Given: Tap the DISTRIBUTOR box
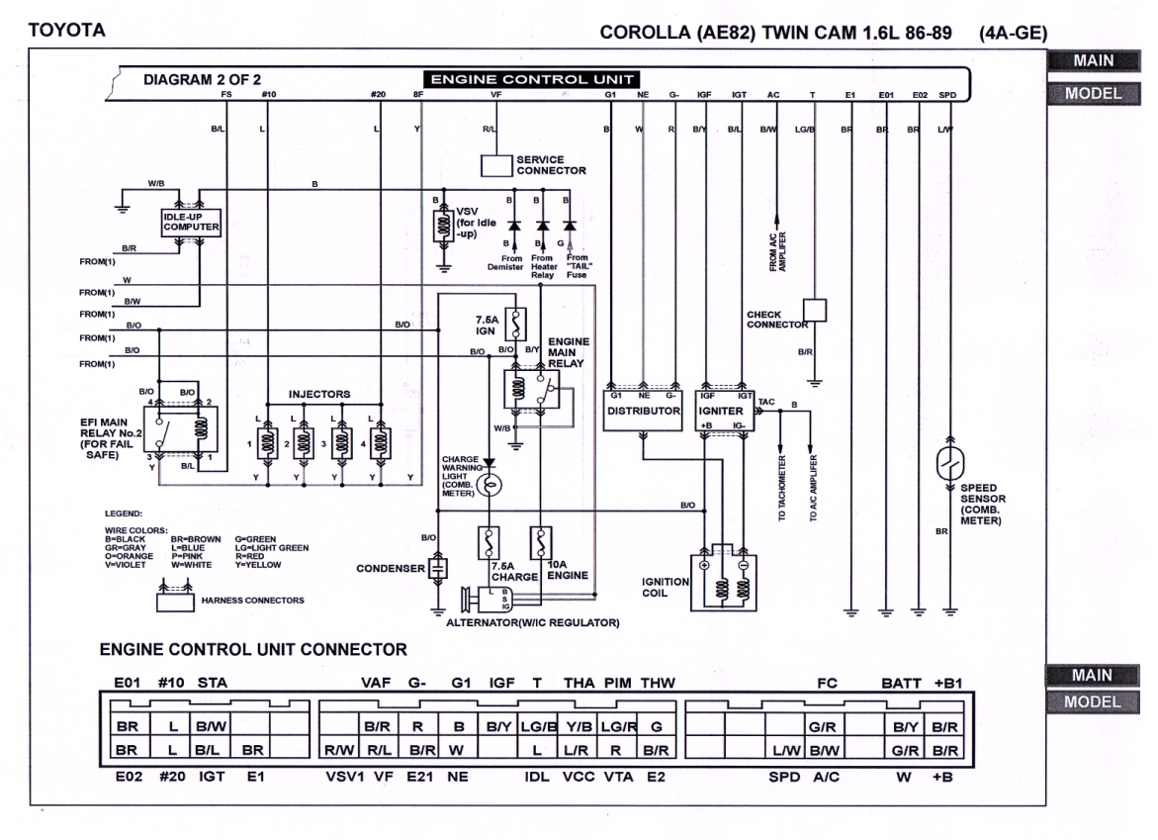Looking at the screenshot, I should pos(643,410).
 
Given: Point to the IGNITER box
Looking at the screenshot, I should pos(727,410).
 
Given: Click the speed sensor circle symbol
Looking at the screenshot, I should pos(950,462).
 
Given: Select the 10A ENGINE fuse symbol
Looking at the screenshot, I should pos(541,542).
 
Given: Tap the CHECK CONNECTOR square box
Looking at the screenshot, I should pos(813,311).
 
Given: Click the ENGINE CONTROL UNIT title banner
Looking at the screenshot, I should pos(530,79).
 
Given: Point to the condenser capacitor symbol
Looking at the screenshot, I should pos(438,568).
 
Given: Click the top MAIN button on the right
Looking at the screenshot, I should pos(1093,61).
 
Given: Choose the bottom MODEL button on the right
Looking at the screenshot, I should pos(1093,701).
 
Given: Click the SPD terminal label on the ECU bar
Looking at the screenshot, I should pos(947,95).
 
